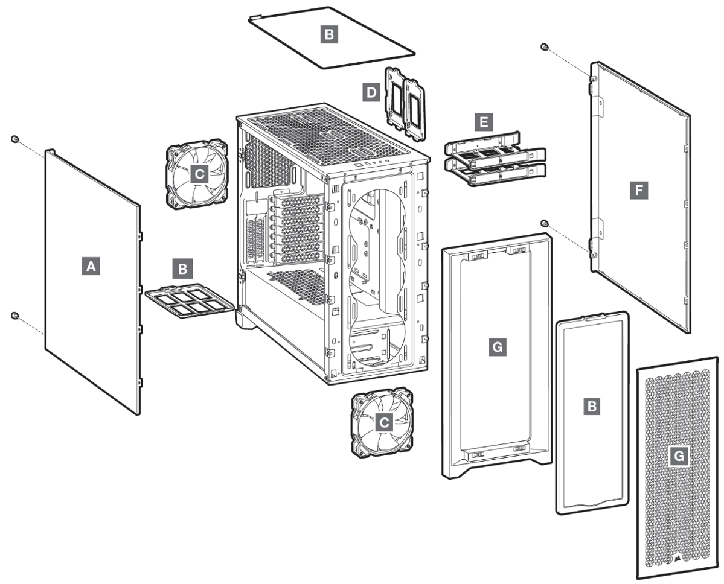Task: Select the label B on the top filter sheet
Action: (328, 35)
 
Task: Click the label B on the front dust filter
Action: (593, 407)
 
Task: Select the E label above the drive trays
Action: (482, 123)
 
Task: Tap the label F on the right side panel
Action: (638, 191)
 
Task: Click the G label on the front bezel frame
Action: (496, 347)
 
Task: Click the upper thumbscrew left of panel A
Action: (15, 140)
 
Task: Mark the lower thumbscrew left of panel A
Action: (16, 316)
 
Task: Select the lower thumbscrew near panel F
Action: (545, 224)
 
